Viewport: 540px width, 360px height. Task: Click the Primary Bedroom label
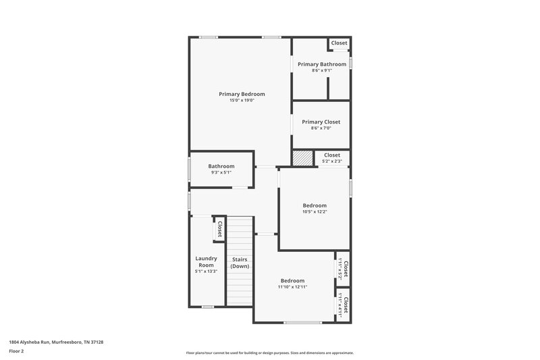242,94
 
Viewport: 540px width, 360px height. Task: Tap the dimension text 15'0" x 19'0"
242,101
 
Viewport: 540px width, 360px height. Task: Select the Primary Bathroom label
321,63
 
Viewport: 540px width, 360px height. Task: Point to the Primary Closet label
321,122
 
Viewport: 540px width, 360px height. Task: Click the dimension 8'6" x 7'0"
321,128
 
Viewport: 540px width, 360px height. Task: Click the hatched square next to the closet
303,157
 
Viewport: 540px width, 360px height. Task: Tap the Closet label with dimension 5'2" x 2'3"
332,155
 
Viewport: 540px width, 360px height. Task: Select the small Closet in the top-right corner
339,43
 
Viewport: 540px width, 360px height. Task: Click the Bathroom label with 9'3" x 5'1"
221,166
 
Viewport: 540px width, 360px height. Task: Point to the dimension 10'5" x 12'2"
315,212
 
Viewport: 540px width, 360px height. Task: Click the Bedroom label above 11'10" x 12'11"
292,280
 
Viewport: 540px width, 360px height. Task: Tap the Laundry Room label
206,261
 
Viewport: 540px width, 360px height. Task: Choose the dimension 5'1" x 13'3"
206,272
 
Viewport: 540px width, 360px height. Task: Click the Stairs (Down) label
240,263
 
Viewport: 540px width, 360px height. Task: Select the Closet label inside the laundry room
219,228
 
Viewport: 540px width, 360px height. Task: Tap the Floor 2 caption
17,352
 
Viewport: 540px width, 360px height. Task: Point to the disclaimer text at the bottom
269,353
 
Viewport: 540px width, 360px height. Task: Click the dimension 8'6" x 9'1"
321,70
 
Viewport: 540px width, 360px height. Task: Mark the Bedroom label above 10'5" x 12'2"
315,205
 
